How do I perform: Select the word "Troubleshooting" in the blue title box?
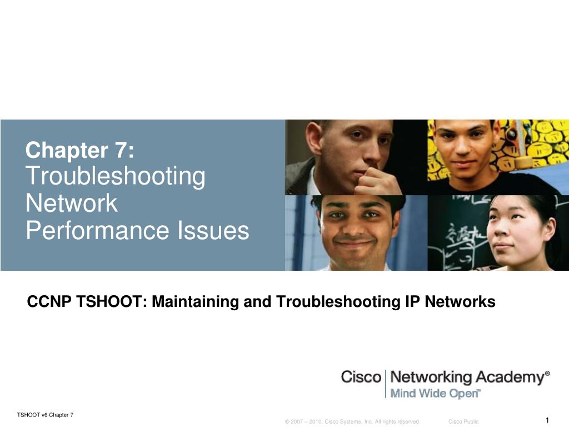coord(116,177)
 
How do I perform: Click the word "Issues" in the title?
coord(213,230)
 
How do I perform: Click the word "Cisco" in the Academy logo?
coord(361,377)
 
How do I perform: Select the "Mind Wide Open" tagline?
coord(435,394)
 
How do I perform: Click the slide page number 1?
coord(547,420)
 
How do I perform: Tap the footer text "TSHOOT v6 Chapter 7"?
coord(45,415)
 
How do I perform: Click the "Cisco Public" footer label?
coord(463,422)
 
